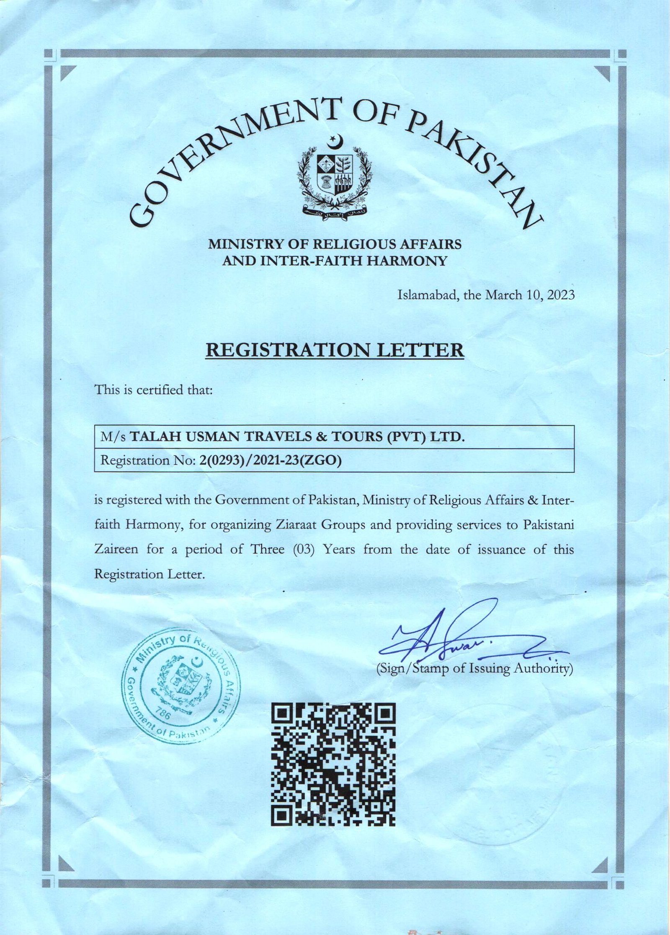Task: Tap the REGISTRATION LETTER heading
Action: click(x=335, y=350)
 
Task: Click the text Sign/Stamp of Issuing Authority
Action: click(x=474, y=669)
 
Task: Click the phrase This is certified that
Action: click(x=154, y=390)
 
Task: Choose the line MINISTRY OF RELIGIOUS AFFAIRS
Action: click(x=335, y=244)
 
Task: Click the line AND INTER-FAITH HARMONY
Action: click(x=335, y=261)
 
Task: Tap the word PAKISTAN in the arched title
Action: click(x=473, y=163)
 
